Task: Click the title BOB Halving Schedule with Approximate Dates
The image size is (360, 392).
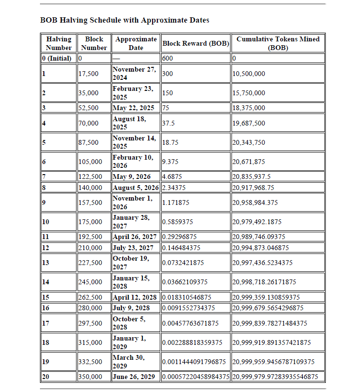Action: coord(125,20)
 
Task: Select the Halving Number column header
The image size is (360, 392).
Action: coord(59,43)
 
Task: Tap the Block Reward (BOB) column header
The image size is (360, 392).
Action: coord(195,43)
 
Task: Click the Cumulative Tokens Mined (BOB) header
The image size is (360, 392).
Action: coord(278,43)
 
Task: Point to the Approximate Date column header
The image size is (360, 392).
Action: coord(136,43)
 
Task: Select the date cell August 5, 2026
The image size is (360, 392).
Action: coord(136,187)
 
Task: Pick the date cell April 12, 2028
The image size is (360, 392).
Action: coord(135,297)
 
